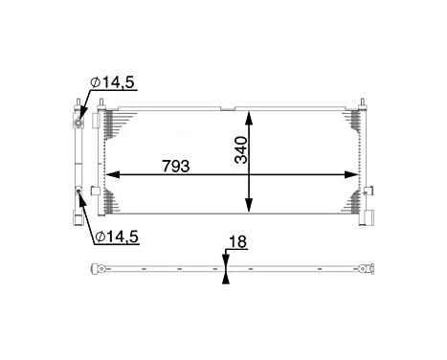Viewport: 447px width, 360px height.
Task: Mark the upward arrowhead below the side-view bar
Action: pyautogui.click(x=225, y=278)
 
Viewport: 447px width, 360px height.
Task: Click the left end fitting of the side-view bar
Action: pyautogui.click(x=95, y=268)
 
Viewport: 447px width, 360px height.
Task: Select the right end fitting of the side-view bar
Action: pyautogui.click(x=364, y=268)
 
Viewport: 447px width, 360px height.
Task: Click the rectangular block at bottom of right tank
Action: pyautogui.click(x=366, y=218)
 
